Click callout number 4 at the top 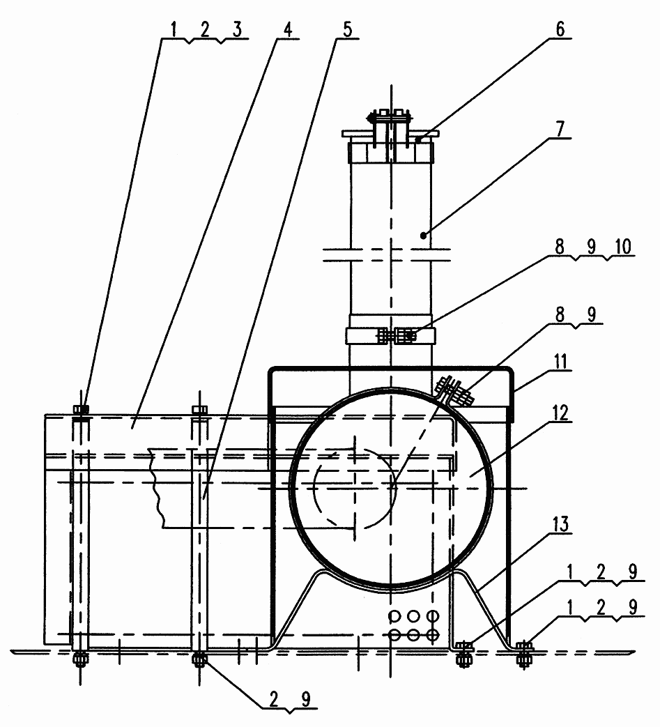[287, 30]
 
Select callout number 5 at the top [347, 30]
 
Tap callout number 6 [560, 29]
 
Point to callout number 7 [560, 130]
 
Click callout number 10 [623, 247]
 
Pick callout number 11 [561, 361]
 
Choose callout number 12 [560, 413]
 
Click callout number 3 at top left [237, 30]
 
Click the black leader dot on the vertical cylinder [423, 236]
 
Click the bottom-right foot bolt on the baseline [523, 653]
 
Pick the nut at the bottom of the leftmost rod [80, 659]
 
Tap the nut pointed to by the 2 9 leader [200, 659]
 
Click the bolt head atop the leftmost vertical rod [81, 410]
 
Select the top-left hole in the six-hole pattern [394, 615]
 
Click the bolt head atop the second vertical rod [200, 410]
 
